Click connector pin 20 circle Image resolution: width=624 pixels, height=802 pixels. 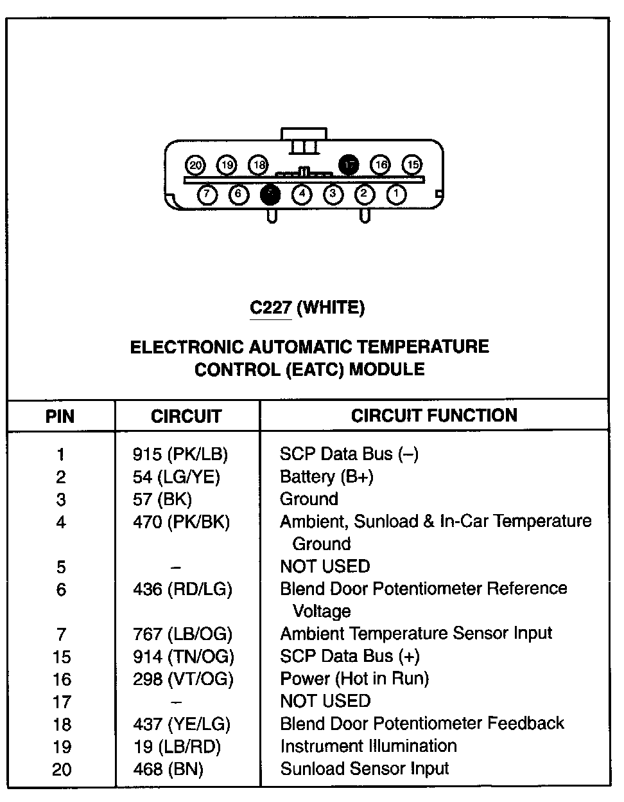click(x=196, y=165)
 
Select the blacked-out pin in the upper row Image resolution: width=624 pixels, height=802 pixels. click(x=349, y=165)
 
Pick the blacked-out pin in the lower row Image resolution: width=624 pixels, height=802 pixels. click(x=270, y=193)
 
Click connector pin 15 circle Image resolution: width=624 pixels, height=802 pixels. click(x=413, y=165)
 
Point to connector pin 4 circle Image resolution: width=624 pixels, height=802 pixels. click(x=302, y=193)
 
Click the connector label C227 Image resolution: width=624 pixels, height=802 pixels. click(x=271, y=308)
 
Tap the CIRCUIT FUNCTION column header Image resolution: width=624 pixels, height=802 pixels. click(x=434, y=415)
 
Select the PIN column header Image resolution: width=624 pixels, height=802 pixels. click(x=60, y=416)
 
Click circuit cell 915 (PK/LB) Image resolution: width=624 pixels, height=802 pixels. click(x=180, y=454)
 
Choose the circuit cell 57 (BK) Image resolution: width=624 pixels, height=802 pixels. click(x=162, y=499)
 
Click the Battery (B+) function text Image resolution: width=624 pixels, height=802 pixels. click(x=327, y=477)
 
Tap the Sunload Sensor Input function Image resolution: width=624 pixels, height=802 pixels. click(x=365, y=769)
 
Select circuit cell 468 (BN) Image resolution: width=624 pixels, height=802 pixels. click(x=168, y=769)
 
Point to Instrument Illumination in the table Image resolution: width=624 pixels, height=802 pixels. click(x=368, y=746)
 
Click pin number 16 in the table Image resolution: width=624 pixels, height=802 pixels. click(x=61, y=679)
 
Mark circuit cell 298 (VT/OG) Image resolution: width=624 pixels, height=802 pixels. click(x=183, y=679)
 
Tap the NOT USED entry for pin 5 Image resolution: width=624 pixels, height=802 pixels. click(x=325, y=566)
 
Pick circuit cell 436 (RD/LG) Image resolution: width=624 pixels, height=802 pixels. click(x=182, y=589)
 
